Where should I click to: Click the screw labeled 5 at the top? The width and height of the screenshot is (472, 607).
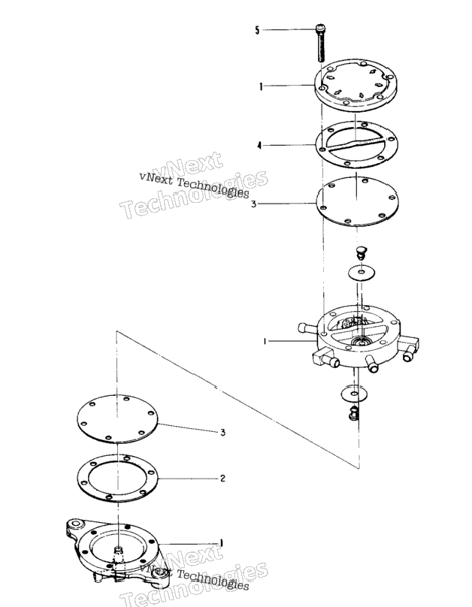point(321,43)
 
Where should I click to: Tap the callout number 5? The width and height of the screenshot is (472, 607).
point(258,30)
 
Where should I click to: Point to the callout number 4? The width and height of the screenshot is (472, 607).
point(260,146)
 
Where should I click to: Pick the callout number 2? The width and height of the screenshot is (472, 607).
point(222,479)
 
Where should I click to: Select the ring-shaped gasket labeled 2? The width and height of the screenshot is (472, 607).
point(118,479)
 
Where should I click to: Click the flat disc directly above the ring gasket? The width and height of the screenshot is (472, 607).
point(118,418)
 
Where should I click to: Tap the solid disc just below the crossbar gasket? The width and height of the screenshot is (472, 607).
point(358,201)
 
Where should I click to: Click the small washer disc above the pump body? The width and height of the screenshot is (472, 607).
point(362,273)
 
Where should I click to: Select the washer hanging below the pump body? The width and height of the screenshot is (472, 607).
point(354,394)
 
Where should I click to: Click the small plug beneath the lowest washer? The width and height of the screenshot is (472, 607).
point(353,413)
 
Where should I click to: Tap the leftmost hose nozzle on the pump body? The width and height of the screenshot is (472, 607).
point(307,328)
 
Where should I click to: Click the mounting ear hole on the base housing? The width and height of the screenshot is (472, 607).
point(76,524)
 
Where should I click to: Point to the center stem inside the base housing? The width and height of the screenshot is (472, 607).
point(119,550)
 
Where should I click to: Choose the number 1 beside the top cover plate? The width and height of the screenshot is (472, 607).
point(261,86)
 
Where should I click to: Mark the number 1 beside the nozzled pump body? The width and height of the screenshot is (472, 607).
point(265,341)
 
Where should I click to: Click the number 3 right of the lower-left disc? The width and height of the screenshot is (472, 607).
point(223,433)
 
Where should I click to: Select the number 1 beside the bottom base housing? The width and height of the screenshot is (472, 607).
point(222,542)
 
